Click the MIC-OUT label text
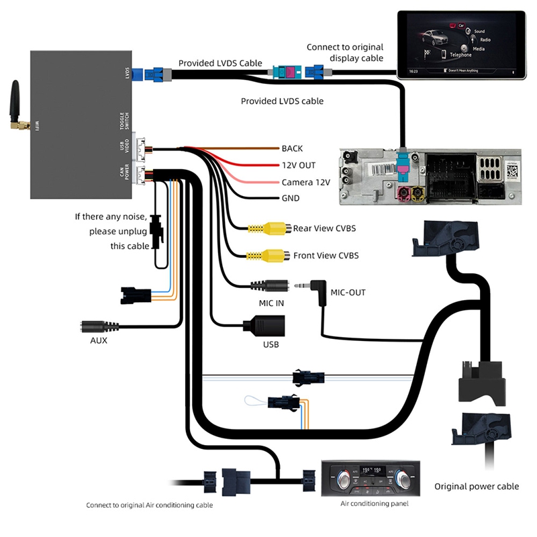click(x=348, y=293)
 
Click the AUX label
click(x=99, y=340)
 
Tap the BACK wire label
click(x=293, y=148)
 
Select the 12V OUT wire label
click(x=299, y=165)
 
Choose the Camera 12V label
click(x=305, y=182)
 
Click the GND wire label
click(x=291, y=199)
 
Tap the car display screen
click(x=460, y=44)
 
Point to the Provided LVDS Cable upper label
click(x=220, y=64)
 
